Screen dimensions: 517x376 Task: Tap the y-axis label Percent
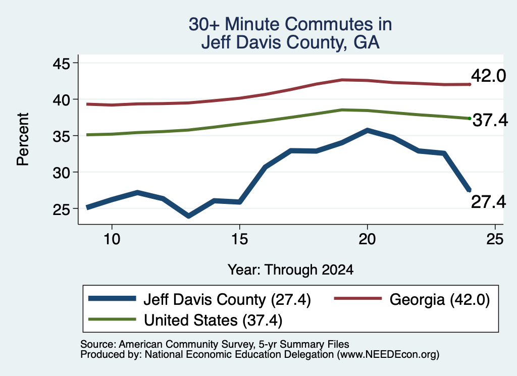[x=23, y=139]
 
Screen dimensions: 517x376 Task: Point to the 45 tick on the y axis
[x=62, y=63]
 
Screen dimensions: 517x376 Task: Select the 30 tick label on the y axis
[x=62, y=172]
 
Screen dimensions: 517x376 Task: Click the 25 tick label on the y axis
[x=62, y=209]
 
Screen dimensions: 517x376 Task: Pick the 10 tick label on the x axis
[x=112, y=239]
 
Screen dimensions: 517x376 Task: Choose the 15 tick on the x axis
[x=239, y=239]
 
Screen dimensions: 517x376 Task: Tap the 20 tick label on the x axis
[x=367, y=239]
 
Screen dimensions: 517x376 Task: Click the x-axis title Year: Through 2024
[x=290, y=270]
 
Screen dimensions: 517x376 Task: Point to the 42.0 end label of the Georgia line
[x=488, y=76]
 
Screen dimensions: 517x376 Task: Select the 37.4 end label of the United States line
[x=490, y=120]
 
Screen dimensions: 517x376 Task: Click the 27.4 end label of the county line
[x=488, y=202]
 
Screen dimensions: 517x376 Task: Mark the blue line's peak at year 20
[x=367, y=131]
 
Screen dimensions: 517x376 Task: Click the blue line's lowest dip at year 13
[x=188, y=216]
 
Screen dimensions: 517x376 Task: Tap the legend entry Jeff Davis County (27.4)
[x=199, y=299]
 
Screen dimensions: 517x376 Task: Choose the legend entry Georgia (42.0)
[x=412, y=299]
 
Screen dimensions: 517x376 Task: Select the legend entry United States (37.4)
[x=185, y=319]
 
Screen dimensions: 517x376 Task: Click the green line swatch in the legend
[x=112, y=319]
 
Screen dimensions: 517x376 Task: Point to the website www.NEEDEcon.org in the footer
[x=388, y=355]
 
